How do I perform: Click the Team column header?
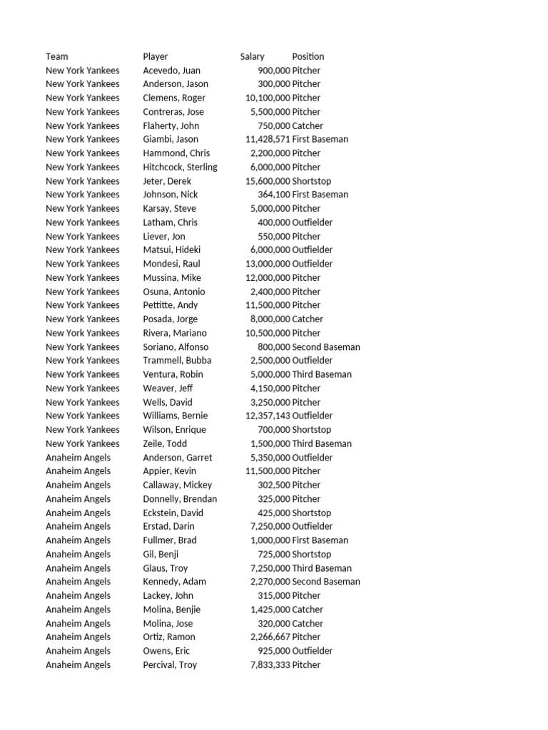point(57,56)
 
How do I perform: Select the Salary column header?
point(253,56)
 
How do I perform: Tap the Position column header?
point(308,56)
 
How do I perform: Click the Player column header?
point(156,56)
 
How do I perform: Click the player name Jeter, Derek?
point(167,181)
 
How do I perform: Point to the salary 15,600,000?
point(268,181)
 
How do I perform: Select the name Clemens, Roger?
point(174,98)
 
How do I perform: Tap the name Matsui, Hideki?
point(172,250)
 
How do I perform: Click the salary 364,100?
point(274,195)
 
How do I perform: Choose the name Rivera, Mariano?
point(175,333)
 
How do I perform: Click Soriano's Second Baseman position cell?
point(326,347)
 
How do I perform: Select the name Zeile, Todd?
point(165,443)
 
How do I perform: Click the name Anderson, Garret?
point(178,458)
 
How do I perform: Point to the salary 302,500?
point(274,485)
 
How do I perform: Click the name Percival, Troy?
point(170,664)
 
